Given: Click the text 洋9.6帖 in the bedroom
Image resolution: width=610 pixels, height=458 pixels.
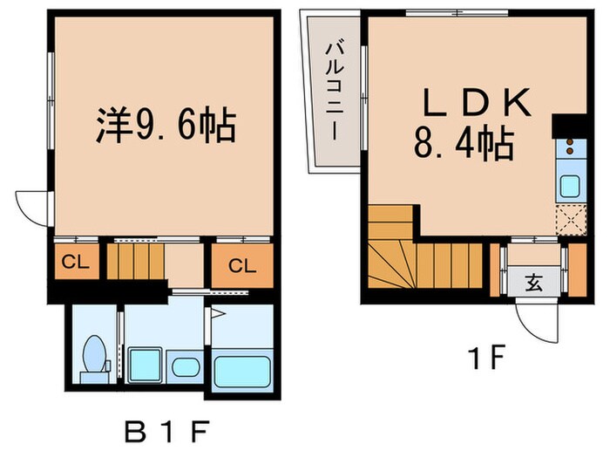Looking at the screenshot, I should (164, 127).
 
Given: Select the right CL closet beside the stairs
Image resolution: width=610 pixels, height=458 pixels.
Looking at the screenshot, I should (241, 266).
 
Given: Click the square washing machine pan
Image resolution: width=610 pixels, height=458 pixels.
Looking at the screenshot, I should (142, 362).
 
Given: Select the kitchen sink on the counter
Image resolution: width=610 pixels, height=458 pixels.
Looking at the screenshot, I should (571, 186).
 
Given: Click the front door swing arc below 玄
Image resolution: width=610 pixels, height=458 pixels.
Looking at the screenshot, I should (533, 324).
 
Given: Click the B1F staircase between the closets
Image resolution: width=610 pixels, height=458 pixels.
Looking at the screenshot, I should (136, 260).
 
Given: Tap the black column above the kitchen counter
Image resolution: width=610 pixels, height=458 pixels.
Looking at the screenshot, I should (571, 126).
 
